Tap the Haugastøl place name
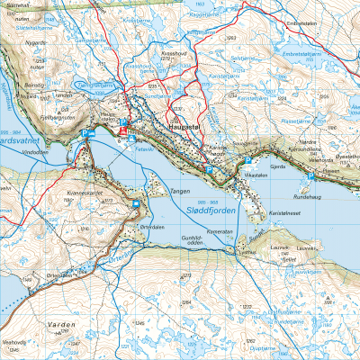pyautogui.click(x=185, y=128)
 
